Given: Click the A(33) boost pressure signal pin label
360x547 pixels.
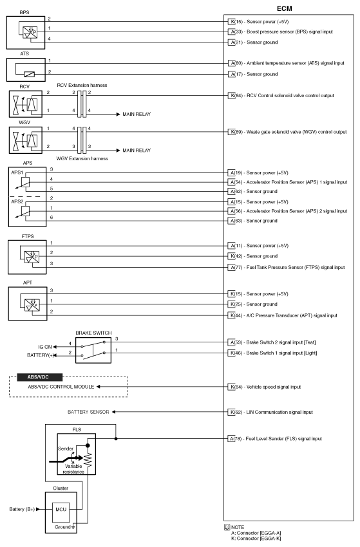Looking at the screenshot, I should point(236,31).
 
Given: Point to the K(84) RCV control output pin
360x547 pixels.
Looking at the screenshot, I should point(236,96).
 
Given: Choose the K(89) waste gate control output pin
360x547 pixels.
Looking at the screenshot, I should point(236,131).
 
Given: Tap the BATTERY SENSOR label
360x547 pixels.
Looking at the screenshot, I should point(90,412).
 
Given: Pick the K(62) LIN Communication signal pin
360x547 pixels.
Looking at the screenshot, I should point(236,412).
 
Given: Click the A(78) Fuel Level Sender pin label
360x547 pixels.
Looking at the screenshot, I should point(236,439).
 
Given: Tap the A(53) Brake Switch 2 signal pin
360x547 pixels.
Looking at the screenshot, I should point(236,342).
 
